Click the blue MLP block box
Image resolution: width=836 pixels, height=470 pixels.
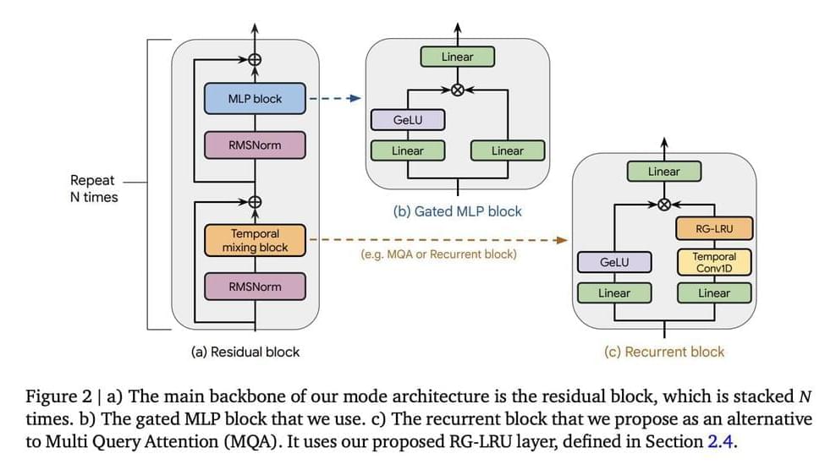point(255,99)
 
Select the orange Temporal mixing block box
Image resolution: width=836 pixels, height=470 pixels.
point(255,240)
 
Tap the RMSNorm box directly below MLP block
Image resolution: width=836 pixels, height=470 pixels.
point(255,145)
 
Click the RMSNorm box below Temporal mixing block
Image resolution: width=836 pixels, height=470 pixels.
point(255,287)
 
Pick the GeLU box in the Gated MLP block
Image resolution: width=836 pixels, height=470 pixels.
point(408,121)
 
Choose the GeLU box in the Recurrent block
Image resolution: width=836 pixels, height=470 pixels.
point(614,262)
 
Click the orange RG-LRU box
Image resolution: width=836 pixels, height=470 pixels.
point(713,227)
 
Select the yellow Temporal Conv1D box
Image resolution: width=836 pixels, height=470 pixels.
point(713,262)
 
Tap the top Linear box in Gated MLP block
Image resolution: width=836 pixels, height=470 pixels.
point(458,57)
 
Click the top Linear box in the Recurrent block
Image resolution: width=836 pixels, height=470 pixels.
point(663,172)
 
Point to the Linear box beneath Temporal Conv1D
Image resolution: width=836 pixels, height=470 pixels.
point(713,293)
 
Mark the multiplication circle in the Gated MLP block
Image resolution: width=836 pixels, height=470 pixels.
point(458,90)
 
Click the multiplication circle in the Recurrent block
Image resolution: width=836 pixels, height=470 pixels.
point(663,204)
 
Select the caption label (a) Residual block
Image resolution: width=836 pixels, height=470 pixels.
point(245,352)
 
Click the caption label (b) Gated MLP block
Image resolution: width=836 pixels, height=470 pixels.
point(458,211)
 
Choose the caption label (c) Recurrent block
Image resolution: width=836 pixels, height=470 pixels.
point(664,352)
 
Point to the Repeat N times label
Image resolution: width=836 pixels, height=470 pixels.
point(93,189)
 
